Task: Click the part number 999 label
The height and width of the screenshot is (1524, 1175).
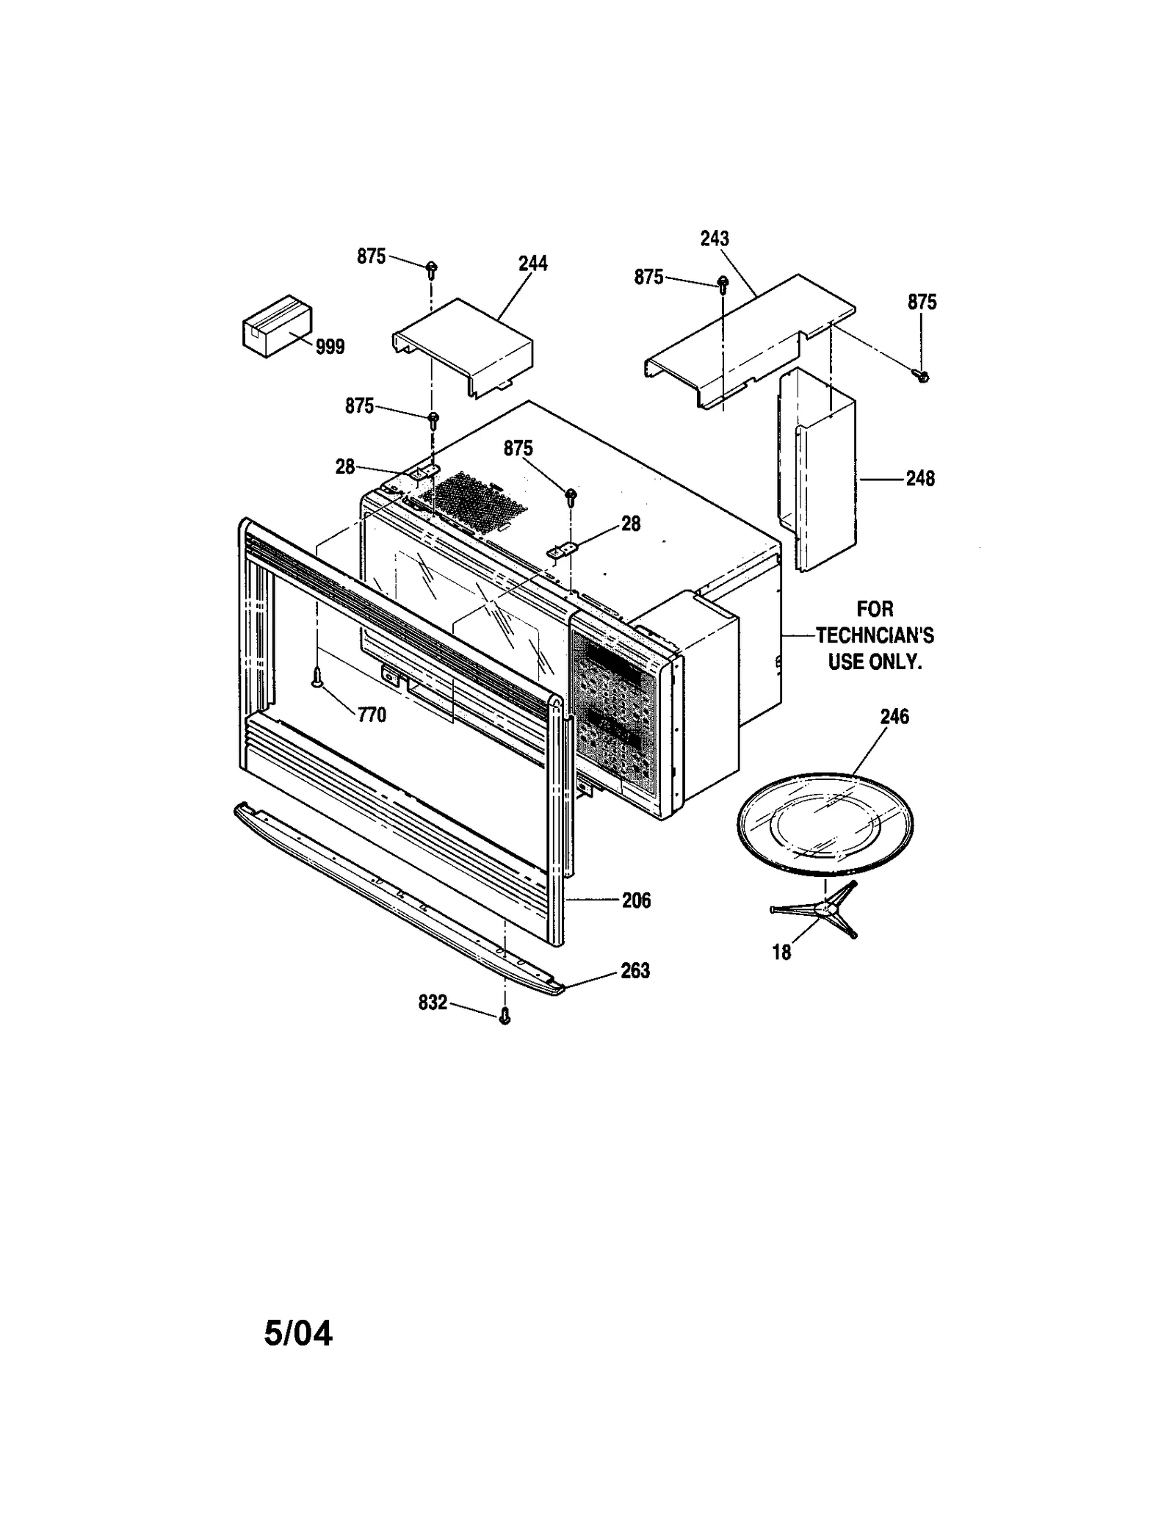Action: pyautogui.click(x=330, y=347)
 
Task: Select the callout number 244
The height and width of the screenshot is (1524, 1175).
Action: pyautogui.click(x=533, y=264)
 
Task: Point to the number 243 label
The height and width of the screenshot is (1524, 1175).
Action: pyautogui.click(x=715, y=239)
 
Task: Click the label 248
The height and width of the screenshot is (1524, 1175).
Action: pyautogui.click(x=920, y=479)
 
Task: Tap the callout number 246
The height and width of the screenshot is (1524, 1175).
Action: pyautogui.click(x=894, y=716)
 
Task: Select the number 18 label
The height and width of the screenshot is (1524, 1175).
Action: pyautogui.click(x=781, y=952)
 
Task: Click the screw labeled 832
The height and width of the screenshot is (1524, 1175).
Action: pyautogui.click(x=505, y=1016)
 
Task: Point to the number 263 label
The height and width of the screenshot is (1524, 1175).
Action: pyautogui.click(x=635, y=971)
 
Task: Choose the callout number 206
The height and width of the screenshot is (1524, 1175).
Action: pyautogui.click(x=636, y=900)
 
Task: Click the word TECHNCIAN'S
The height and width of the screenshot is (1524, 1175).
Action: pyautogui.click(x=875, y=635)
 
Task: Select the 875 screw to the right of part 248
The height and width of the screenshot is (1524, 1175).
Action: pyautogui.click(x=923, y=376)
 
